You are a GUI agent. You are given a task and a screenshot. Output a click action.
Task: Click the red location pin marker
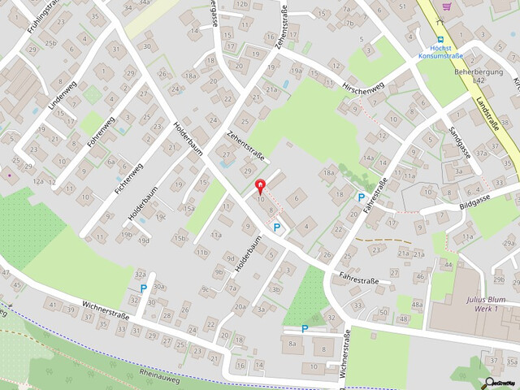260,186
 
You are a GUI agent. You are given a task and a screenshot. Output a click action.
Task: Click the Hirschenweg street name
363,88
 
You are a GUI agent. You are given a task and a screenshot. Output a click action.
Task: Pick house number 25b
51,42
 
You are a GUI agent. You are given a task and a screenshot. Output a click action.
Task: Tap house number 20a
240,305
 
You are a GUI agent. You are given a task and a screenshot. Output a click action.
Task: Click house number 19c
161,217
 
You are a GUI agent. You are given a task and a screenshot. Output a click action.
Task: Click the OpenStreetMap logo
502,382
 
